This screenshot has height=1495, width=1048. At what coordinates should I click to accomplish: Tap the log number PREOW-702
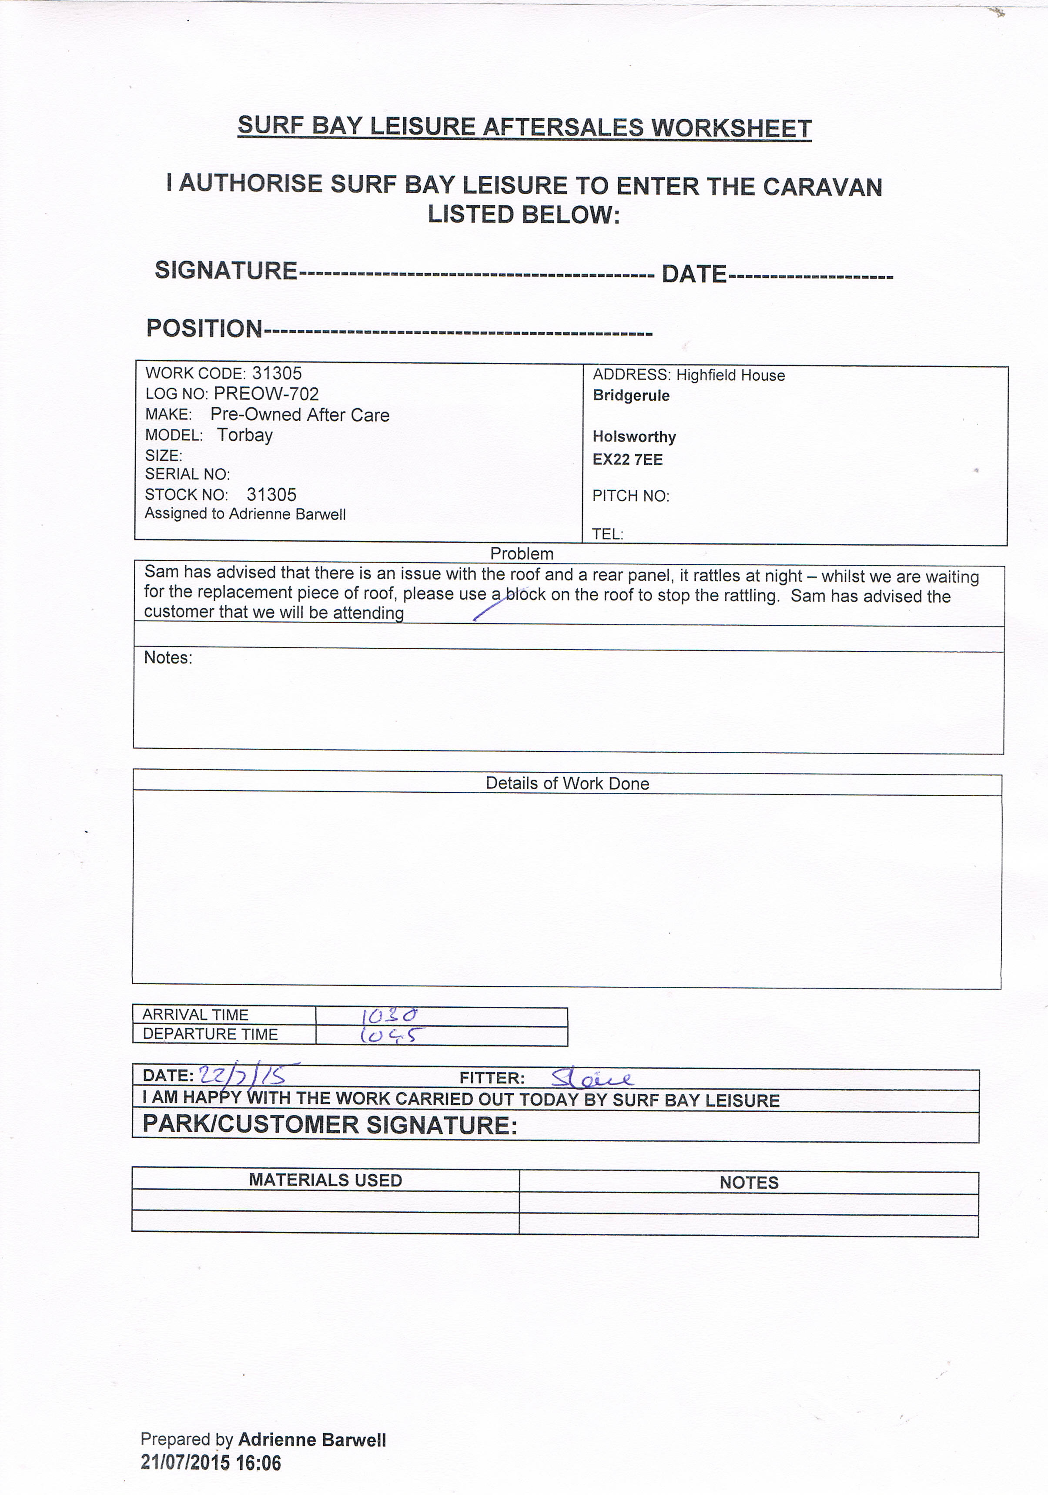266,394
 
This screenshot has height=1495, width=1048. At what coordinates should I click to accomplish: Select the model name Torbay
245,435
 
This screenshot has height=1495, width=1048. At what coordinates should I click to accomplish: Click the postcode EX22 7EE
627,460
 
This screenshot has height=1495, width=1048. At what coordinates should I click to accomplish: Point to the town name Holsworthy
634,437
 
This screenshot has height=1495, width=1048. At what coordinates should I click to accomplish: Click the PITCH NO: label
630,496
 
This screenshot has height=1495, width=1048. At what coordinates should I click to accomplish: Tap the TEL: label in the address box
607,534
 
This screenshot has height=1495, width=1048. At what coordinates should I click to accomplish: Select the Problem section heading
522,553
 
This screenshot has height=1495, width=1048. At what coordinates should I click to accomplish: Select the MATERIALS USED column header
325,1180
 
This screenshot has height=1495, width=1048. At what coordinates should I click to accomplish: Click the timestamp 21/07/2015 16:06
211,1463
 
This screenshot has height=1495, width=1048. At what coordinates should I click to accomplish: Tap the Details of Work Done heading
567,783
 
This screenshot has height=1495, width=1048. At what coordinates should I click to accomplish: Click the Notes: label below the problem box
168,657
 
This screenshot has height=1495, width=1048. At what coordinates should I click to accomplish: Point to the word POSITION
204,328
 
